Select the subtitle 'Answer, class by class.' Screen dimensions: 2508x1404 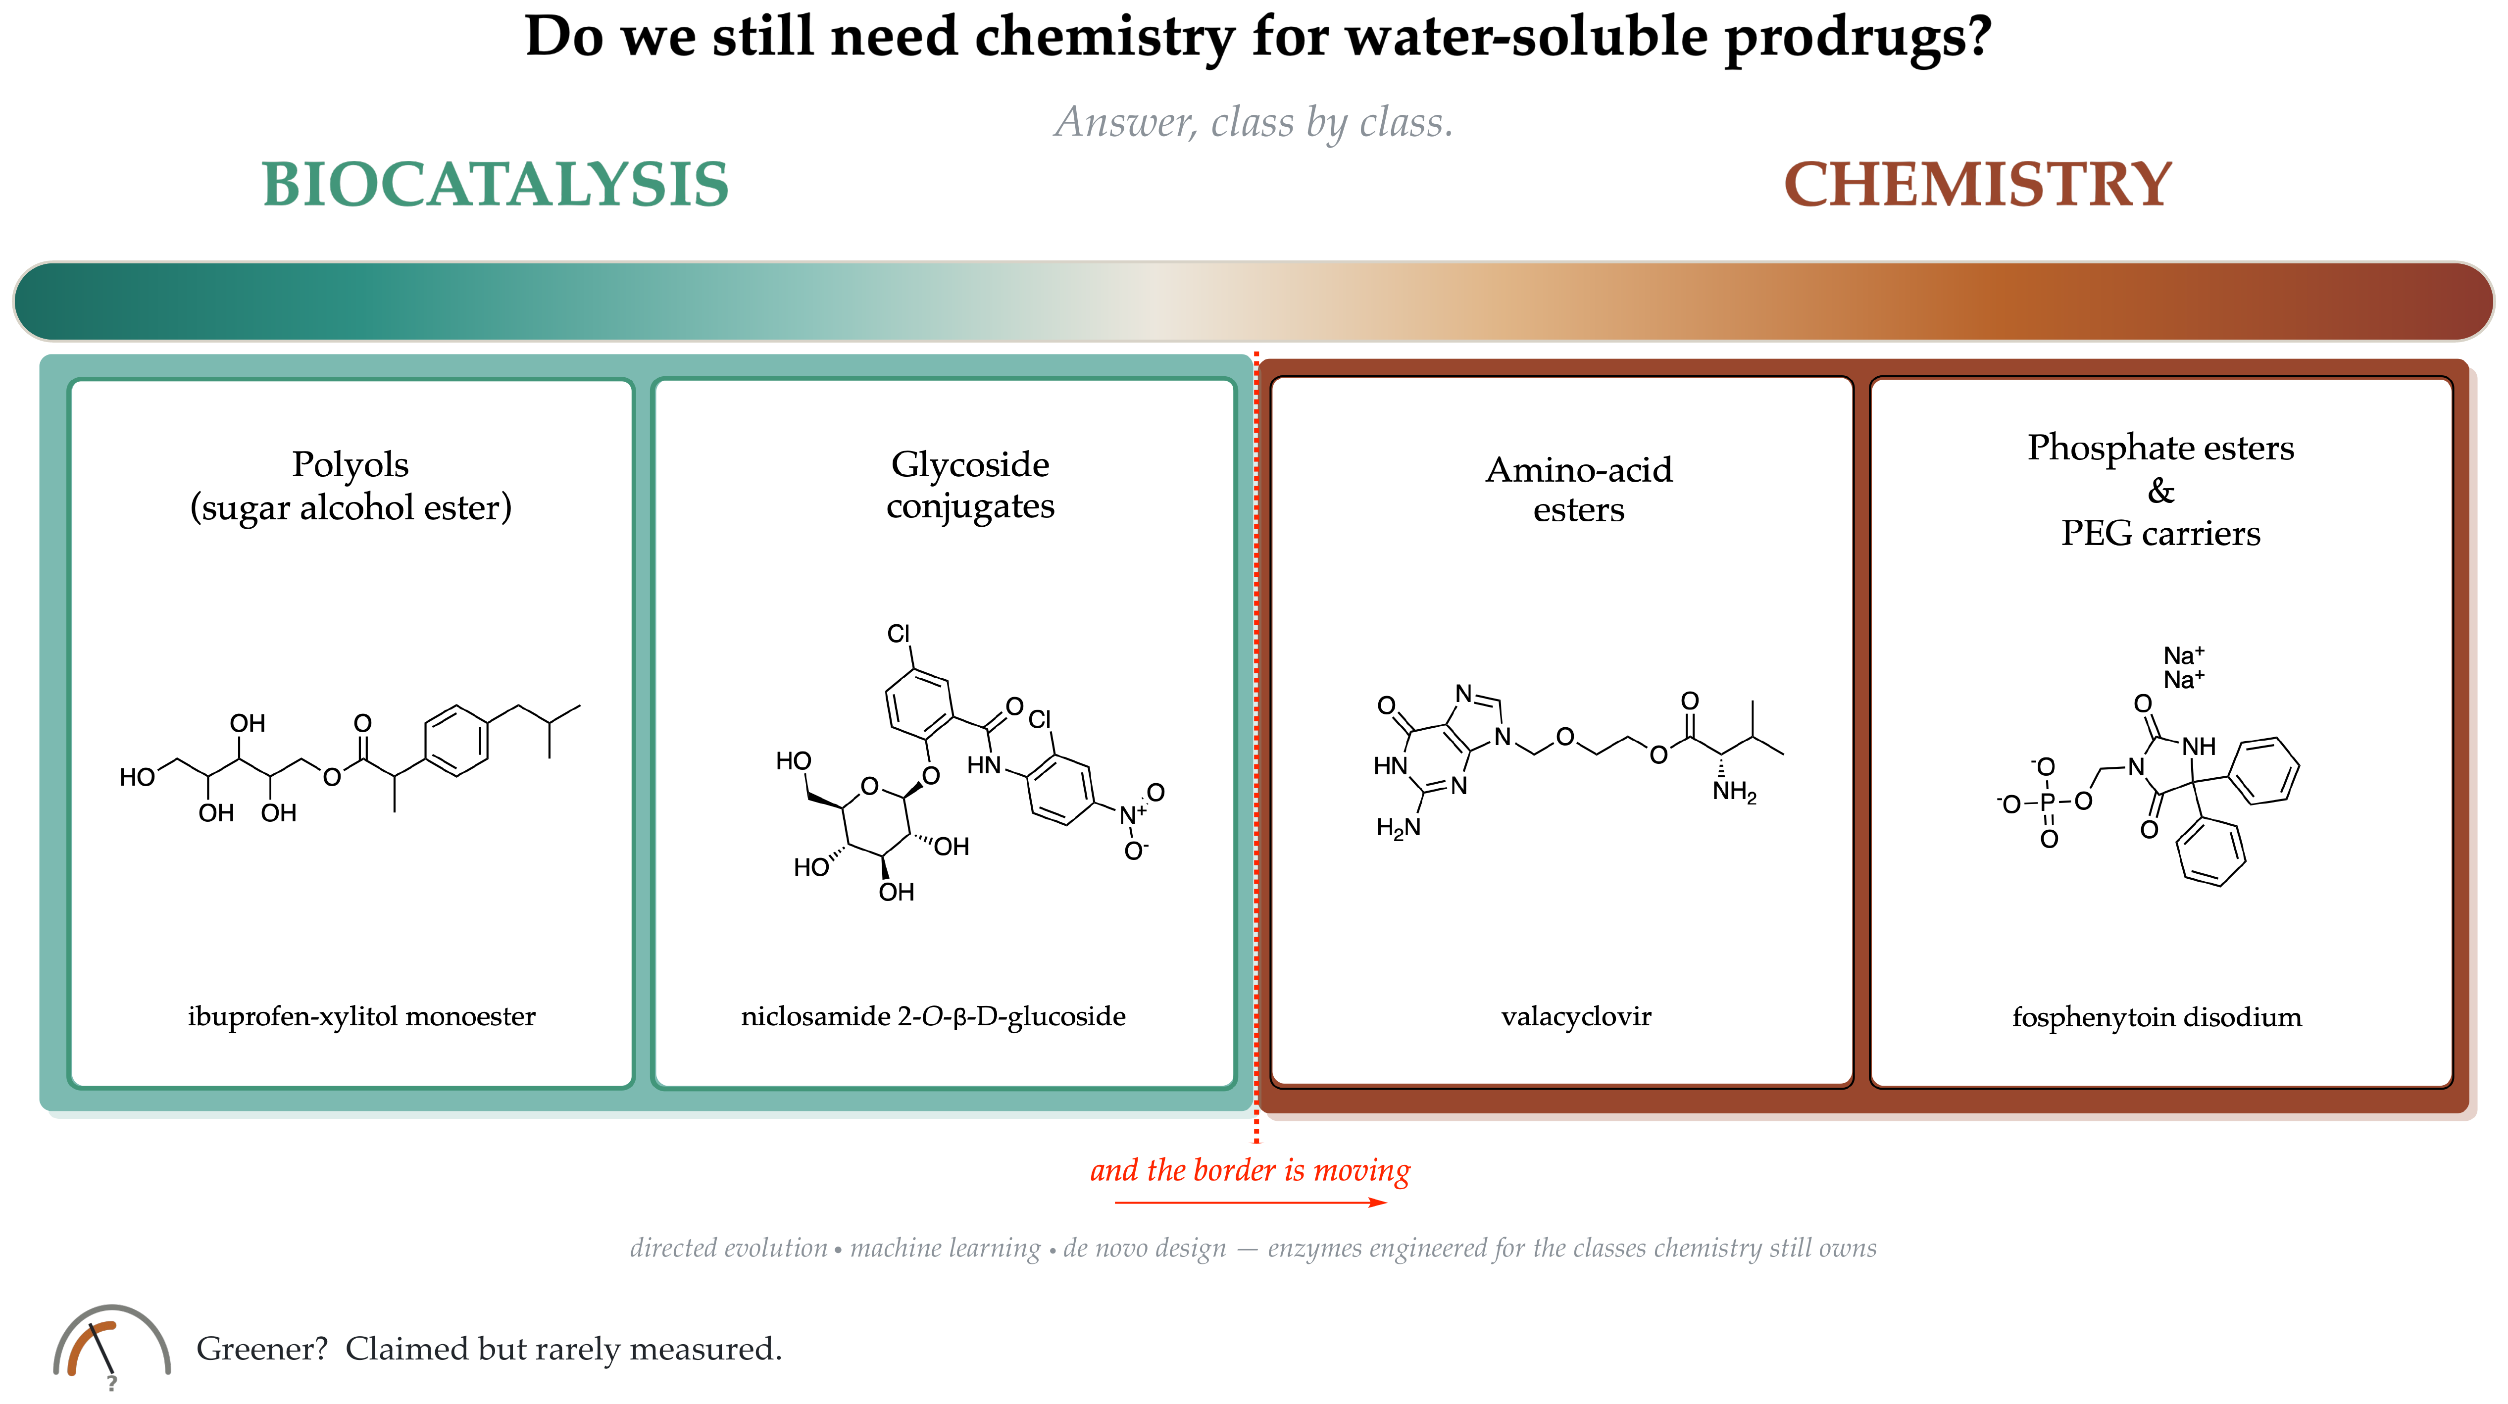click(1254, 123)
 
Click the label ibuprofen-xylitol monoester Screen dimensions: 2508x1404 click(361, 1016)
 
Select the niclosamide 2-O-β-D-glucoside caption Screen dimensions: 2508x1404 click(933, 1016)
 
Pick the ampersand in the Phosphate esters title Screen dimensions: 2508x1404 click(2160, 491)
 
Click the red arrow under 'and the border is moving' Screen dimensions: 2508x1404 click(1251, 1203)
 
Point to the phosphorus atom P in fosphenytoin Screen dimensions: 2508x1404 click(2048, 802)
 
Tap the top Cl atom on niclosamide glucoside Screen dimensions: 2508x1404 click(899, 634)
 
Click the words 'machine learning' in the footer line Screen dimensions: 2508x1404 click(946, 1248)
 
